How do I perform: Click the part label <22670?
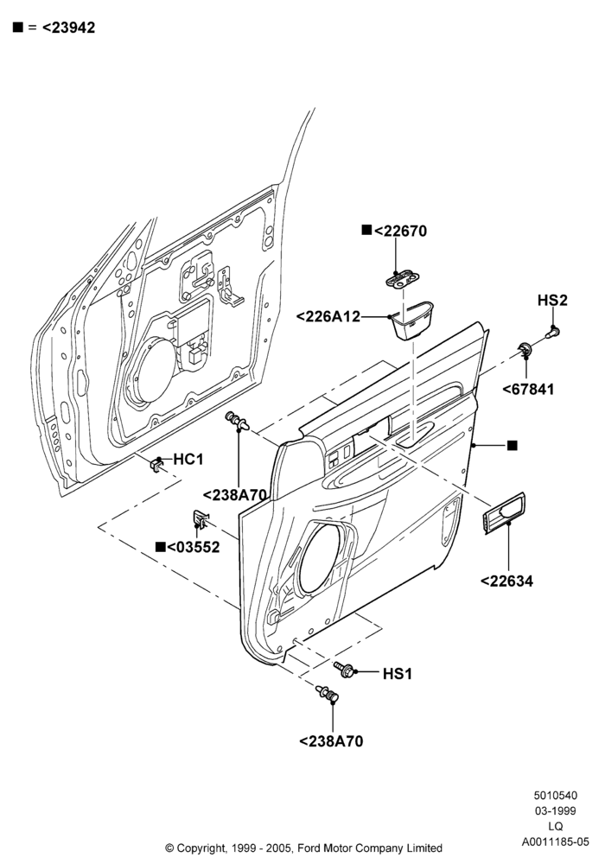coord(400,231)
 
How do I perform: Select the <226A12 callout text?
coord(328,317)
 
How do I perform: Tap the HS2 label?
coord(552,301)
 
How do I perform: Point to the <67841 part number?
coord(528,389)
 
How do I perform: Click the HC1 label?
coord(188,459)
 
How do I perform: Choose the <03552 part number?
coord(194,547)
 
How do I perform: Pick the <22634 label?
coord(507,581)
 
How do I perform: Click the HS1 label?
coord(398,674)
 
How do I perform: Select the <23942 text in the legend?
coord(68,28)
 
